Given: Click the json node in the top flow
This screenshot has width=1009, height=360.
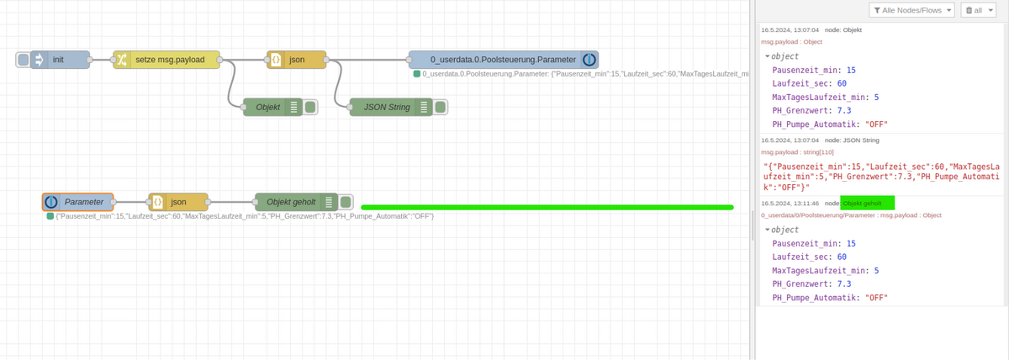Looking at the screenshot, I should [x=296, y=60].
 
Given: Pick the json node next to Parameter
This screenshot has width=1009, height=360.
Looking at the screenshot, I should [x=177, y=202].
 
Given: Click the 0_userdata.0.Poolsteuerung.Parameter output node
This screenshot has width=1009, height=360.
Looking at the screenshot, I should [x=503, y=60].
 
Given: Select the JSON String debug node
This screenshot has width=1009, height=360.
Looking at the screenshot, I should [x=387, y=107].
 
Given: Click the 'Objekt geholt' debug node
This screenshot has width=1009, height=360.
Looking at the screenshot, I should [x=291, y=202].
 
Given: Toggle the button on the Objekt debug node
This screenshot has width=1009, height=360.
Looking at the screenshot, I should [x=310, y=107].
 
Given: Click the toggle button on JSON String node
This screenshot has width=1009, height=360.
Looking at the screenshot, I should [x=440, y=107].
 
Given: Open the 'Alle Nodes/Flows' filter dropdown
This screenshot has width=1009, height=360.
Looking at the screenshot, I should [x=911, y=10].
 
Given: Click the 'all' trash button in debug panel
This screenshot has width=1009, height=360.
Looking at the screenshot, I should [x=980, y=10].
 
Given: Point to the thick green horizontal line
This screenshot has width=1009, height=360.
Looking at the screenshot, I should [x=547, y=207].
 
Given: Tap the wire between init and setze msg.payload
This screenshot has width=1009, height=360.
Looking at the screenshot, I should [x=102, y=60].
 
